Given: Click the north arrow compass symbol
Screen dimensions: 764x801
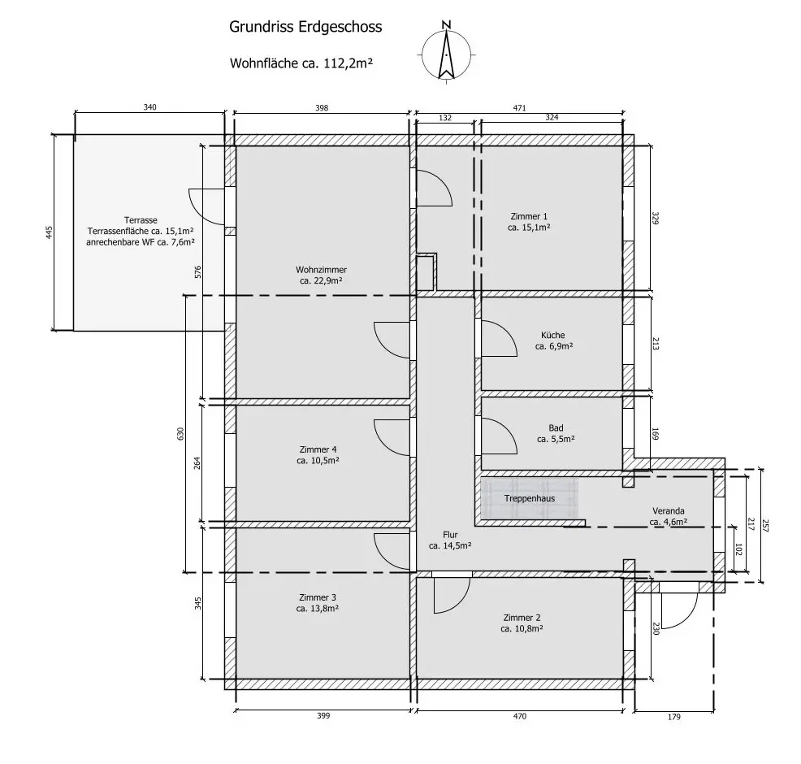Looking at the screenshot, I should [446, 50].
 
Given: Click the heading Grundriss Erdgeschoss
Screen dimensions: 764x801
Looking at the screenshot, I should [306, 28].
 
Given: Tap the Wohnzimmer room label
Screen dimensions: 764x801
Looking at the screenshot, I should [322, 276].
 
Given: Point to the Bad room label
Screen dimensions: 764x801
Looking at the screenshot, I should [556, 433].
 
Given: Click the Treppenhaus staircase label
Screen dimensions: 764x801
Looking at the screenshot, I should [530, 498].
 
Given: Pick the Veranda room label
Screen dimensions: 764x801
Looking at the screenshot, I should [669, 516].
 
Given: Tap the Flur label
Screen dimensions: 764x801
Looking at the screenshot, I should [450, 540].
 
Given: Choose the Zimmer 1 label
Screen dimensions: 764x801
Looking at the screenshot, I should [529, 222].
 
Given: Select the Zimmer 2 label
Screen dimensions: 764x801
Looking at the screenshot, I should [522, 623].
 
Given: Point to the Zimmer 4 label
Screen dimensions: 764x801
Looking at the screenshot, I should [318, 454].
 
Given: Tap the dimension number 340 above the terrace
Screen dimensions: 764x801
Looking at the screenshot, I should [149, 106].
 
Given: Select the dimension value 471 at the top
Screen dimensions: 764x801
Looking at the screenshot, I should [520, 106].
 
